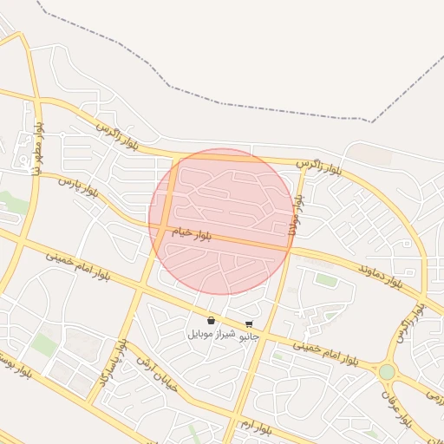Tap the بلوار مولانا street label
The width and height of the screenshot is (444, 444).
coord(297,211)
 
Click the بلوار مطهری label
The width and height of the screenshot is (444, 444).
coord(38,147)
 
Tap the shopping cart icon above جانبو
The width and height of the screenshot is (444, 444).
coord(250,323)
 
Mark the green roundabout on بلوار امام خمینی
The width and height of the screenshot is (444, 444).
coord(387,372)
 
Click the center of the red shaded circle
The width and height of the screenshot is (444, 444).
coord(222,221)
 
